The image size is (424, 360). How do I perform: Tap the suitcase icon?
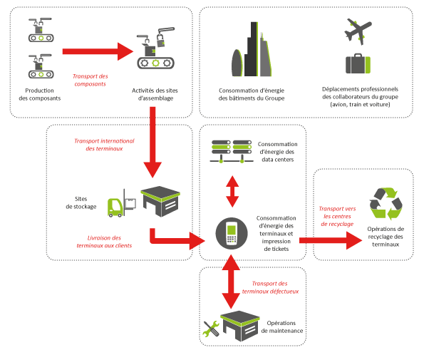pos(358,64)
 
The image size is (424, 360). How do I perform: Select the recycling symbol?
pos(386,204)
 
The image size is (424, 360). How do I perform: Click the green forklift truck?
pos(116,207)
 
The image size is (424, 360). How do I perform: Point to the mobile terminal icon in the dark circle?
pos(232,233)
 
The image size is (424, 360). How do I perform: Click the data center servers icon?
pos(232,151)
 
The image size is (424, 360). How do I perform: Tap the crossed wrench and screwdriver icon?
pos(211,329)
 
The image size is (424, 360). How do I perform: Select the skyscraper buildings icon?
pos(252,49)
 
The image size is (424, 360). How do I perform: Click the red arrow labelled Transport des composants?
pos(98,51)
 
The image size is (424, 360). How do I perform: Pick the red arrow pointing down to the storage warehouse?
pos(152,143)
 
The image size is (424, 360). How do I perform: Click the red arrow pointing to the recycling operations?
pos(331,240)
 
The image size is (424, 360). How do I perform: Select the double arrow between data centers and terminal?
pos(232,192)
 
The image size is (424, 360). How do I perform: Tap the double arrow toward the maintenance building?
pos(231,282)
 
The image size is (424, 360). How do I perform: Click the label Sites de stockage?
pos(81,202)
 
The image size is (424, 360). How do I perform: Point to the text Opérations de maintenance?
pos(281,326)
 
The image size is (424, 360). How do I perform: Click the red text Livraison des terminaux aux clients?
pos(104,242)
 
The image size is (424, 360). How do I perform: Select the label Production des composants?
pos(40,94)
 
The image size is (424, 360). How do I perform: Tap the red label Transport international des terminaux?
pos(104,145)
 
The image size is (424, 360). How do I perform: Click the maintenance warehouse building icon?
pos(240,326)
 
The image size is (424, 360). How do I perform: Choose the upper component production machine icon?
pos(41,30)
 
